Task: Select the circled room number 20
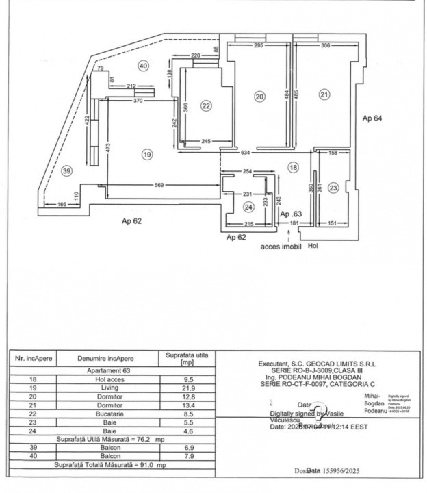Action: pyautogui.click(x=259, y=97)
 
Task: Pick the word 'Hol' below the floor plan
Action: pyautogui.click(x=313, y=245)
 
